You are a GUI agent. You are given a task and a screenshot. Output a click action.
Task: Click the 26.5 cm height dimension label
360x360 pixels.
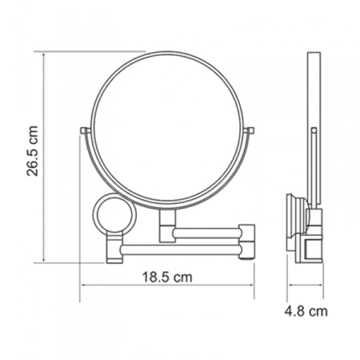pyautogui.click(x=33, y=150)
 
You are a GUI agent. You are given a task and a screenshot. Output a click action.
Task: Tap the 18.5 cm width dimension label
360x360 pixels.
pyautogui.click(x=167, y=277)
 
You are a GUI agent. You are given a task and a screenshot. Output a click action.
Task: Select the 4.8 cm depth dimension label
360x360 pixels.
pyautogui.click(x=306, y=311)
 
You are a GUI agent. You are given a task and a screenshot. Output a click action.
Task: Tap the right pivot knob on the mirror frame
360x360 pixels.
pyautogui.click(x=249, y=130)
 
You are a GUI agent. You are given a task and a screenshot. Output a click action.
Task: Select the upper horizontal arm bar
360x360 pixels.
pyautogui.click(x=206, y=233)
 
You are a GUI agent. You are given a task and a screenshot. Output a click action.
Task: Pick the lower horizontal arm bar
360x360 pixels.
pyautogui.click(x=182, y=250)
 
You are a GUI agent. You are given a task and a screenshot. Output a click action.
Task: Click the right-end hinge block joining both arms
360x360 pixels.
pyautogui.click(x=247, y=242)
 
